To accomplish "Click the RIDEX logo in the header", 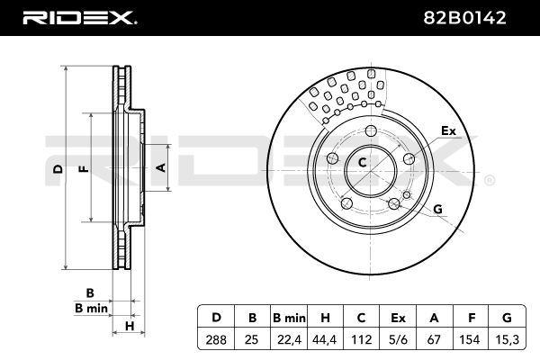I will pyautogui.click(x=78, y=17).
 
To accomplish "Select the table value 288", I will pyautogui.click(x=216, y=341).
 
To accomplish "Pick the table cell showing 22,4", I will pyautogui.click(x=290, y=341).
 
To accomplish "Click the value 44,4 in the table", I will pyautogui.click(x=326, y=341).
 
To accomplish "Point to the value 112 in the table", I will pyautogui.click(x=362, y=341).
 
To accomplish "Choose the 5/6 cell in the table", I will pyautogui.click(x=398, y=341).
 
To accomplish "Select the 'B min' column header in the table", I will pyautogui.click(x=290, y=319).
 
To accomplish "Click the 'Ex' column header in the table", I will pyautogui.click(x=398, y=319).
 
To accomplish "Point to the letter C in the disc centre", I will pyautogui.click(x=362, y=163).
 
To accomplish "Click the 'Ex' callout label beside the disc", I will pyautogui.click(x=448, y=131).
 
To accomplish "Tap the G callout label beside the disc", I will pyautogui.click(x=438, y=210).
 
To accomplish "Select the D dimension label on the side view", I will pyautogui.click(x=57, y=169).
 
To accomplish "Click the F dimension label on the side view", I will pyautogui.click(x=83, y=168).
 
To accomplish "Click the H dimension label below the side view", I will pyautogui.click(x=130, y=325).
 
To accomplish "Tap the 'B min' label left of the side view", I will pyautogui.click(x=91, y=308).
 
